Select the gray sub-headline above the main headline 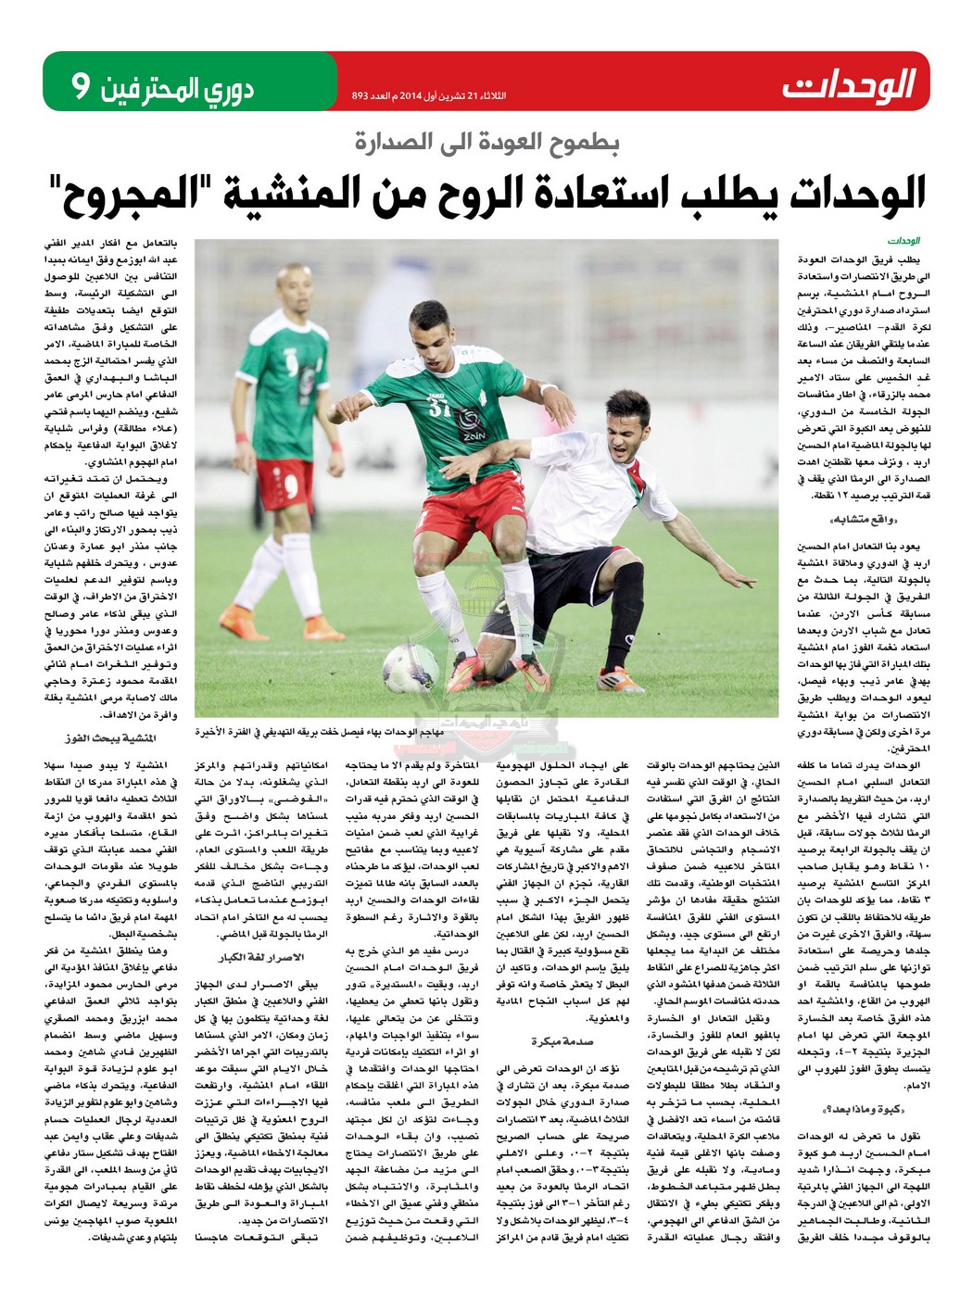pos(487,142)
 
